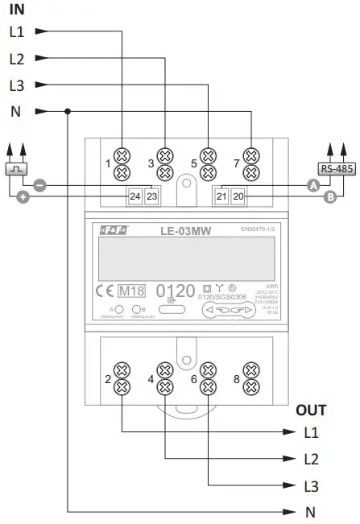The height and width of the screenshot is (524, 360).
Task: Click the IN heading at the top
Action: coord(16,10)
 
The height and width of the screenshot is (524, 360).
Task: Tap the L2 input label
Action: coord(17,58)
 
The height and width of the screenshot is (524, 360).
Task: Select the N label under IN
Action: coord(16,112)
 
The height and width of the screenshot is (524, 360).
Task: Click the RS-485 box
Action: coord(336,168)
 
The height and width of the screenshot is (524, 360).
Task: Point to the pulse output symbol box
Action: coord(16,168)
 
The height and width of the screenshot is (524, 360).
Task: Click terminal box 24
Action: coord(135,196)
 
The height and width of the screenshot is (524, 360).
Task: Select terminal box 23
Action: coord(151,196)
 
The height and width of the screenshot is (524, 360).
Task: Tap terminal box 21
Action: coord(222,196)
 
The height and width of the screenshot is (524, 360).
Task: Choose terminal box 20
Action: coord(238,196)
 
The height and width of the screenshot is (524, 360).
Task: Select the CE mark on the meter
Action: coord(104,291)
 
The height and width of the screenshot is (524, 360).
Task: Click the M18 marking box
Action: coord(130,291)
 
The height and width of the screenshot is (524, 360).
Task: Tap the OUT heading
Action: coord(311,411)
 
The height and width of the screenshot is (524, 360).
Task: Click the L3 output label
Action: coord(311,486)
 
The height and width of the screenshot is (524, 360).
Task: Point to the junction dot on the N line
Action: coord(69,112)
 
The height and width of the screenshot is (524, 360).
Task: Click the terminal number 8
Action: coord(235,378)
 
